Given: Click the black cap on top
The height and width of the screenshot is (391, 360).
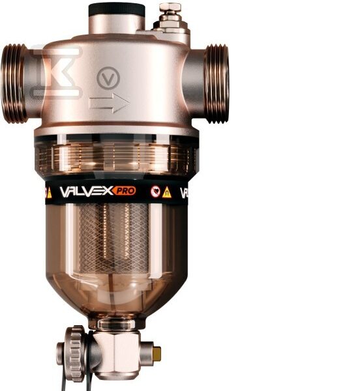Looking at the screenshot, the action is coord(117,9).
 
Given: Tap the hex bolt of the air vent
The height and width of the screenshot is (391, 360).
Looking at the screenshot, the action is coord(170,7).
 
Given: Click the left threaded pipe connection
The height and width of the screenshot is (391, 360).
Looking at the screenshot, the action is coord(14,83).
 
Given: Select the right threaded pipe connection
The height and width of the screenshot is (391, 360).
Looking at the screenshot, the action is coord(217,83).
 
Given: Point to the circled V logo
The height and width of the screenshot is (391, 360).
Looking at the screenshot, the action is coord(108,78).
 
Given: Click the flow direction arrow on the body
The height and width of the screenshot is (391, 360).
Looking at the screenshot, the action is coord(110,103).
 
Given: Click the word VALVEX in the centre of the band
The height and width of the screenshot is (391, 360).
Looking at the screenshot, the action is coord(86,192).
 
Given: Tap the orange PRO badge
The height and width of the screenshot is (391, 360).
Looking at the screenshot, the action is coord(125,191).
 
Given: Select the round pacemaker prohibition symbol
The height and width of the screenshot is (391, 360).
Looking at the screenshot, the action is coord(155,192).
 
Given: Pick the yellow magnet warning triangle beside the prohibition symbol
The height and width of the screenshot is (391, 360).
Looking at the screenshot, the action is coord(167,192).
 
